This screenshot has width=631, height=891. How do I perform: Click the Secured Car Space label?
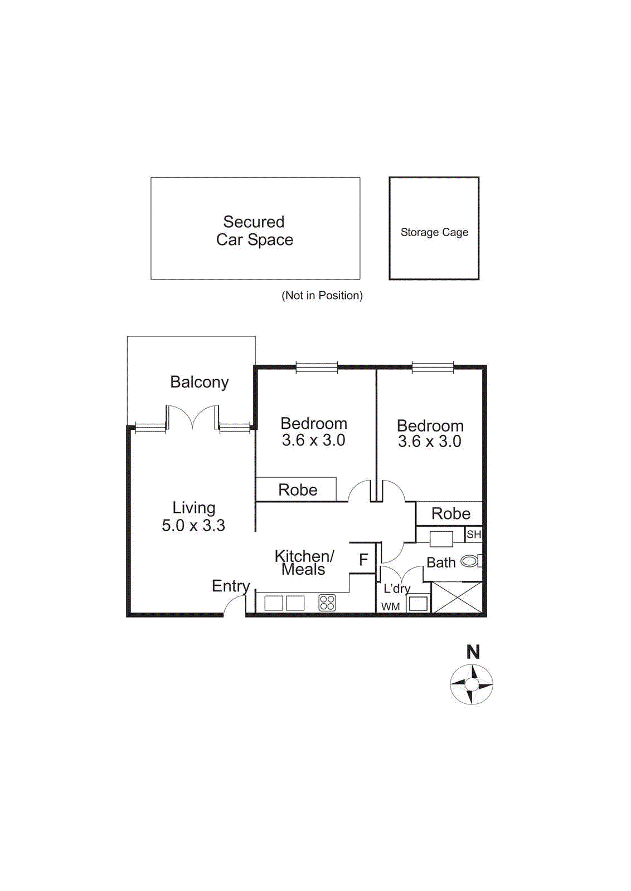[255, 231]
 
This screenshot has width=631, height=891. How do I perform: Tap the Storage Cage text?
[434, 232]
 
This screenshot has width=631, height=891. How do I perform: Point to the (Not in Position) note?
[322, 296]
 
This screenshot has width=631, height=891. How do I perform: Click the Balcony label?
[200, 382]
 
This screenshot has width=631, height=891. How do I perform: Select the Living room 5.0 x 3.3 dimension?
[193, 525]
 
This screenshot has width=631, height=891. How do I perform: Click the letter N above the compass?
[473, 652]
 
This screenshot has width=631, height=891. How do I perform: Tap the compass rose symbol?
[472, 684]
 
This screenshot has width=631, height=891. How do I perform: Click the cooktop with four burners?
[327, 603]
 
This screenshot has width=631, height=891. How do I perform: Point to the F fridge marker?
[363, 560]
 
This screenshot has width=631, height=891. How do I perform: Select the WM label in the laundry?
[390, 606]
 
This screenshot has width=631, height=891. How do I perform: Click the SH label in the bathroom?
[474, 535]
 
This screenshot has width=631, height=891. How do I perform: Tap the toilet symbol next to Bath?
[469, 561]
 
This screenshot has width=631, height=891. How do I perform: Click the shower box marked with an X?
[457, 598]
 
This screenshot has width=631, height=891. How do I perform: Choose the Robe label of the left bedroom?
[298, 490]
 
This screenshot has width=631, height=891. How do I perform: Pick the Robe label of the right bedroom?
[450, 513]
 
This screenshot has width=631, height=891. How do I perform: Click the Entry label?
[230, 586]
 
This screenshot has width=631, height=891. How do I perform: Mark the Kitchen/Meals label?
[304, 562]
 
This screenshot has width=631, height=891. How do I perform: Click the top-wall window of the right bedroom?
[433, 367]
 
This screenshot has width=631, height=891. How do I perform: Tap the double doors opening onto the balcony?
[192, 418]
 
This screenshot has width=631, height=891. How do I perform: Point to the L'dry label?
[397, 588]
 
